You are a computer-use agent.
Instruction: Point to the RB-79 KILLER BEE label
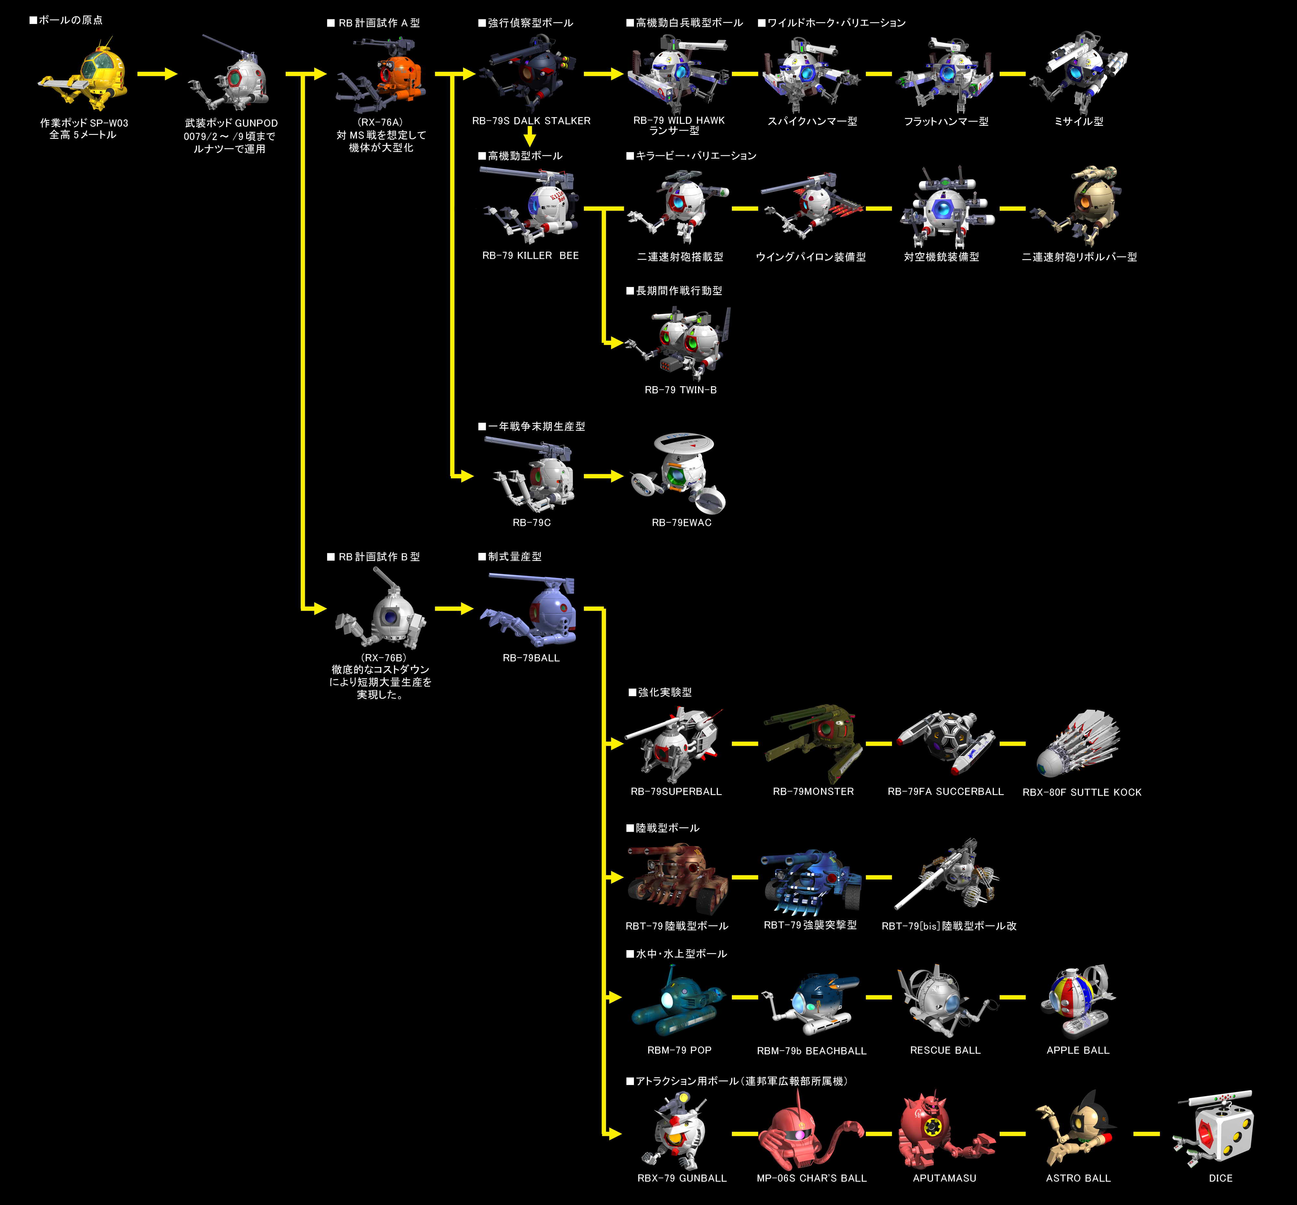[530, 256]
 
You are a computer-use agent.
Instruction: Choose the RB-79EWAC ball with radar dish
[682, 473]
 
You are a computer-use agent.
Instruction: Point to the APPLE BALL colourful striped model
[1076, 1001]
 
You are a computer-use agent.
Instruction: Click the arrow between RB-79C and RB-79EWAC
[603, 476]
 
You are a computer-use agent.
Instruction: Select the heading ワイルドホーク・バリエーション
[831, 23]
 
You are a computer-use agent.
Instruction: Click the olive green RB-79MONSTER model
[815, 740]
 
